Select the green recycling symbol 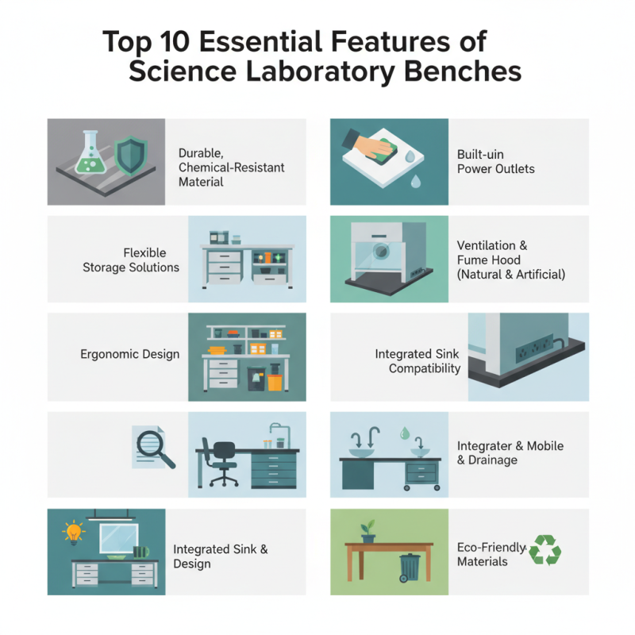[545, 549]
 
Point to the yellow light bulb [75, 530]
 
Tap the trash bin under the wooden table [410, 567]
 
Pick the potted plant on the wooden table [368, 532]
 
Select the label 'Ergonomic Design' [129, 354]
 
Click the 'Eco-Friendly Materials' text [491, 554]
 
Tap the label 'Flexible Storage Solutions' [131, 260]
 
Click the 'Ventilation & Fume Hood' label [510, 260]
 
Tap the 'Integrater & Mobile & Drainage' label [510, 453]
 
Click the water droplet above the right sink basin [406, 433]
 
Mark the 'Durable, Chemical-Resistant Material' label [231, 167]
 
